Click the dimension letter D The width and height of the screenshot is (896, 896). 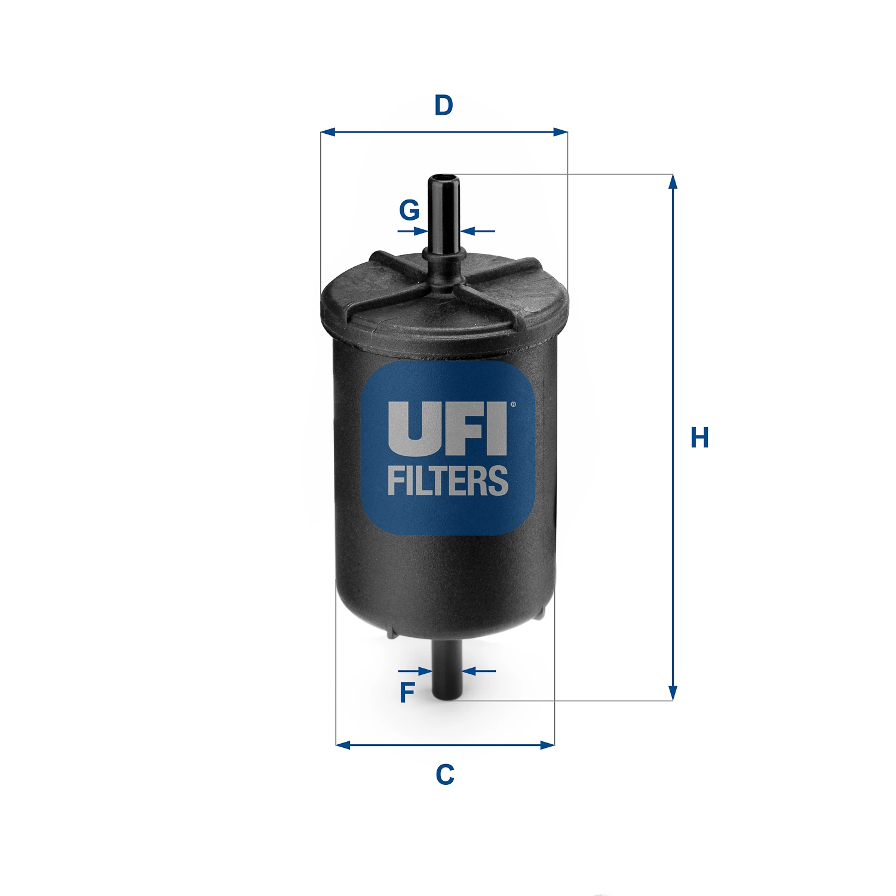[x=444, y=105]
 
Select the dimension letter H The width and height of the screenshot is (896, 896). [x=699, y=438]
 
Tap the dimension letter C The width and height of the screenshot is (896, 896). [x=445, y=775]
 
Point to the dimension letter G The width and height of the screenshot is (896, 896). [x=409, y=210]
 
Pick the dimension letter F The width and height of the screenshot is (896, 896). [x=407, y=693]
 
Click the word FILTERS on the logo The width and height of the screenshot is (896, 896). [x=448, y=481]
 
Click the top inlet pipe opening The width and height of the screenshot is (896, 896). [x=443, y=177]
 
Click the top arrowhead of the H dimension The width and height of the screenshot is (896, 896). [x=673, y=181]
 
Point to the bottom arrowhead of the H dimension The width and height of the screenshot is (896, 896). [x=673, y=694]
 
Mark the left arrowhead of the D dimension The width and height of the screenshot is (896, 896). [x=327, y=132]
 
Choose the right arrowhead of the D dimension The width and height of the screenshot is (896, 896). [x=560, y=132]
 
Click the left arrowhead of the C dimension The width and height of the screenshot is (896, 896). [x=343, y=745]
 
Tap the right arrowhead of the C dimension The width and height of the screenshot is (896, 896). [x=547, y=745]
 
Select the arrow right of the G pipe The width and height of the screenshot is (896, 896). [x=467, y=231]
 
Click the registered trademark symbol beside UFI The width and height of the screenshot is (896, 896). [x=513, y=405]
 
